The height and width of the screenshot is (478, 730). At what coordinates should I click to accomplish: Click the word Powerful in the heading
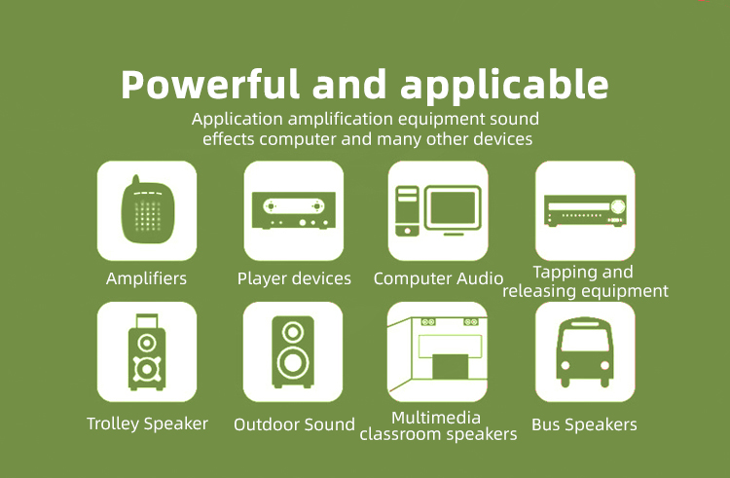pos(210,85)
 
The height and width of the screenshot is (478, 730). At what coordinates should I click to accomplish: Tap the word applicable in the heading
pos(504,85)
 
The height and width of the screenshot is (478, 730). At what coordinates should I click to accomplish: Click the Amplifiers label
pos(146,278)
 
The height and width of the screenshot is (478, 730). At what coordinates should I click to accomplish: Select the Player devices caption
pos(294,278)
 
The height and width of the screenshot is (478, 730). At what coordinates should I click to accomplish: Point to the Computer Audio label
pos(438,278)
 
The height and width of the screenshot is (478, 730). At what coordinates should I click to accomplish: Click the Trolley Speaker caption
pos(147,424)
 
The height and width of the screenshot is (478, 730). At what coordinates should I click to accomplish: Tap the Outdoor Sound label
pos(294,424)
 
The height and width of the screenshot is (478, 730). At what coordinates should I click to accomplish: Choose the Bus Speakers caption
pos(584,424)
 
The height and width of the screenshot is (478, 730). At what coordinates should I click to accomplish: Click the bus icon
pos(585,352)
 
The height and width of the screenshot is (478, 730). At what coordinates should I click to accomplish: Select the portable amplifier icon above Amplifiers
pos(148,209)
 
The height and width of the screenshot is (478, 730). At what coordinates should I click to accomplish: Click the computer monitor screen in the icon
pos(453,208)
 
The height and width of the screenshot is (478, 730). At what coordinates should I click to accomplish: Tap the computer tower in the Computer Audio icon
pos(407,210)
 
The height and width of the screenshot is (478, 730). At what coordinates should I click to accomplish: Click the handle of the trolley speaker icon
pos(147,321)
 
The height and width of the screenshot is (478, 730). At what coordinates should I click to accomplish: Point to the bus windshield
pos(585,340)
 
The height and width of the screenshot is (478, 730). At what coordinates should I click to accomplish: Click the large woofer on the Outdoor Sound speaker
pos(293,363)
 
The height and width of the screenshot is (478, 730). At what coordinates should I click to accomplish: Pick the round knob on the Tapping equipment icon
pos(618,205)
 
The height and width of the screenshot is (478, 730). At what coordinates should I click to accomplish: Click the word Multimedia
pos(436,418)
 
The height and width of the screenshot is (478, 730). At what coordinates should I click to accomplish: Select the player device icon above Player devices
pos(294,210)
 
